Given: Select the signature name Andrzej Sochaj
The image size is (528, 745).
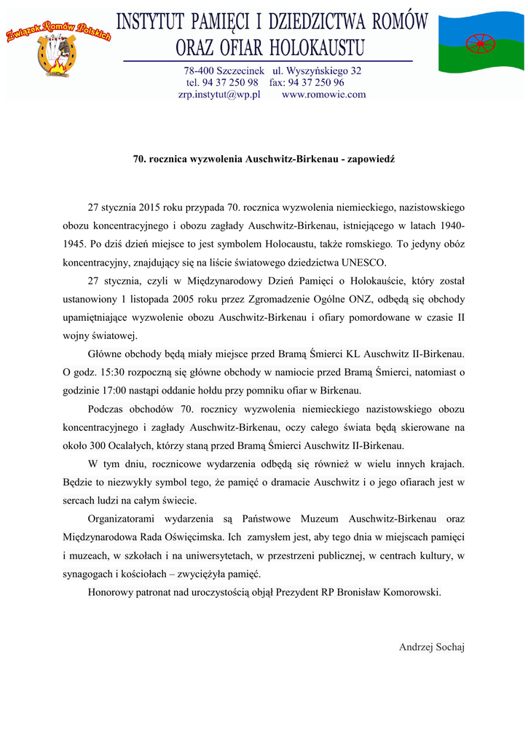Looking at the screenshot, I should click(432, 647).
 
